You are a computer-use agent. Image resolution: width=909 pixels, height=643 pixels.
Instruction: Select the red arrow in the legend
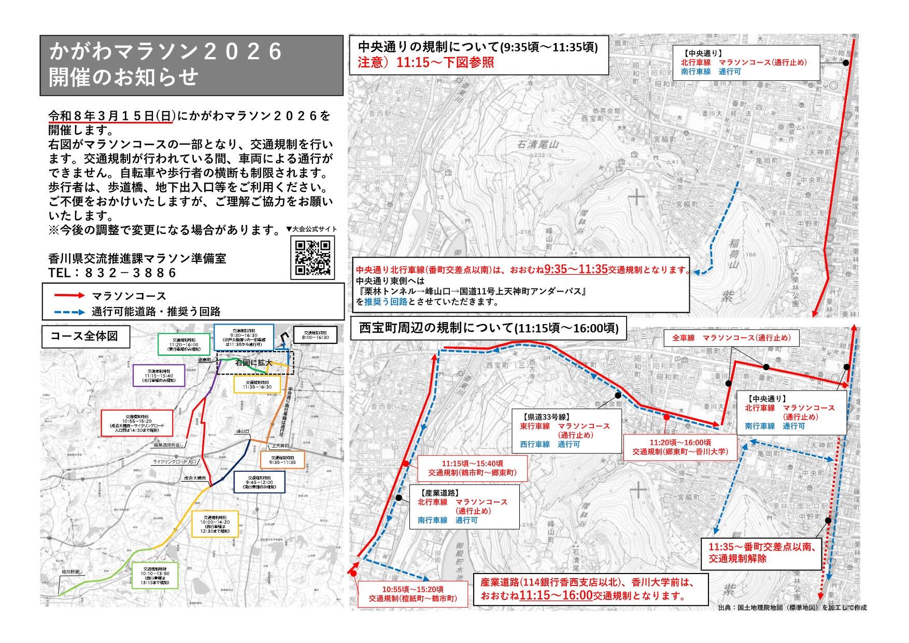pyautogui.click(x=69, y=296)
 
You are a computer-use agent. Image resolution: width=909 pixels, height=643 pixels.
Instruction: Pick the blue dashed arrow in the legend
pyautogui.click(x=69, y=312)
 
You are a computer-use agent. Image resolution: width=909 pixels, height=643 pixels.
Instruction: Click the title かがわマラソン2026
pyautogui.click(x=166, y=52)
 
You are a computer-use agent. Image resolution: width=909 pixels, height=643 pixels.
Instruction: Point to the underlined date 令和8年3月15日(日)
pyautogui.click(x=111, y=116)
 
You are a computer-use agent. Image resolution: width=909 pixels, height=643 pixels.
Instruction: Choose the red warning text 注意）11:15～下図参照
pyautogui.click(x=425, y=63)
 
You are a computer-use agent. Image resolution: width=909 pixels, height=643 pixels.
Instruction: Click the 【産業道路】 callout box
pyautogui.click(x=464, y=507)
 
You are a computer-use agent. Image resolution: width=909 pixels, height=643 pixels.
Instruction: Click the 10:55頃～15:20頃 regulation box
pyautogui.click(x=413, y=594)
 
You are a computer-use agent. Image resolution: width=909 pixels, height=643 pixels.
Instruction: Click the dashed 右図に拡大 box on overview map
pyautogui.click(x=254, y=363)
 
